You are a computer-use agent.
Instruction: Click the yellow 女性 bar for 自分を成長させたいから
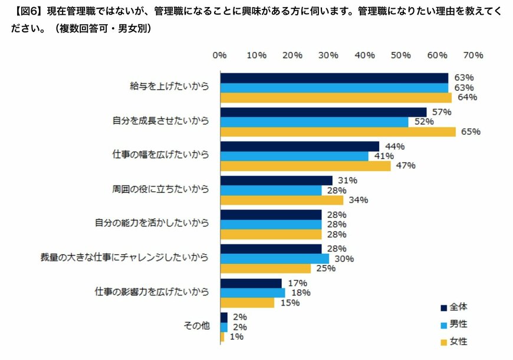click(337, 132)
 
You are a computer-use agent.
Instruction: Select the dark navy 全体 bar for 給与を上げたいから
click(334, 78)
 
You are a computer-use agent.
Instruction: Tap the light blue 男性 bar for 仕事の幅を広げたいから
click(294, 156)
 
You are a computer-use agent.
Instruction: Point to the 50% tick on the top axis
click(401, 55)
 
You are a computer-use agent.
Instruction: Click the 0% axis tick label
click(219, 55)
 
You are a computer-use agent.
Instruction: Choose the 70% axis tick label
click(473, 55)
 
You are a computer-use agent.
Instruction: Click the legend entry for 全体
click(455, 306)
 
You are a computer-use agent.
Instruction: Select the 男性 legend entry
click(455, 324)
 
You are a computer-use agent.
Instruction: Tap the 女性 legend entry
click(455, 341)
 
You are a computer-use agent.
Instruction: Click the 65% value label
click(471, 132)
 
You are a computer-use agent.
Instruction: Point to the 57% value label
click(442, 112)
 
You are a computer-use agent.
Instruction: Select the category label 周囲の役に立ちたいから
click(160, 189)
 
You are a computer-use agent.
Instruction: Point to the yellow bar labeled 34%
click(281, 200)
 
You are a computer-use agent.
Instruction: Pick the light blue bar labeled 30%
click(274, 258)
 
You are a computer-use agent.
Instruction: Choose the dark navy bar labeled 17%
click(251, 283)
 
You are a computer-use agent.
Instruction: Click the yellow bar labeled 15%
click(247, 303)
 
